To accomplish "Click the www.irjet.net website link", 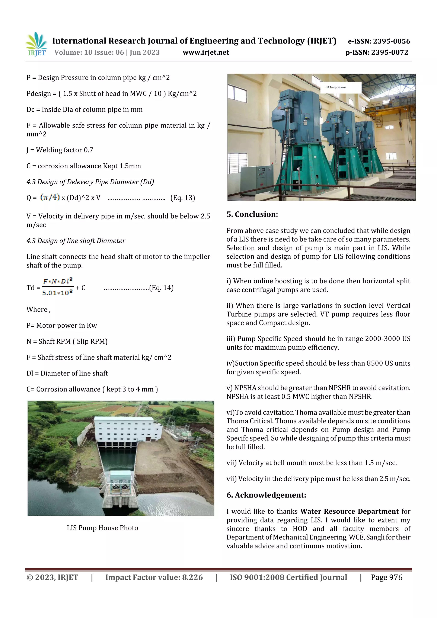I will (206, 52).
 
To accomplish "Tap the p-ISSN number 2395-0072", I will (389, 52).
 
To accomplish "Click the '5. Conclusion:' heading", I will (252, 214).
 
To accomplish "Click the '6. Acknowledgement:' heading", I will (266, 495).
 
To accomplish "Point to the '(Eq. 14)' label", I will (161, 288).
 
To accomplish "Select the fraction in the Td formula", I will (58, 287).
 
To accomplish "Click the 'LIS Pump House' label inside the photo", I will (335, 87).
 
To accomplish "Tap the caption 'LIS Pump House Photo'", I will (102, 528).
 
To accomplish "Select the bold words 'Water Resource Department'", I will (349, 511).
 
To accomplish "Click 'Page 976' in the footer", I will (386, 577).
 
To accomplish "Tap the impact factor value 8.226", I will (192, 577).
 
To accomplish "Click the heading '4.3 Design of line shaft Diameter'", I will (76, 241).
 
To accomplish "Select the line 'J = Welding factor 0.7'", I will (60, 150).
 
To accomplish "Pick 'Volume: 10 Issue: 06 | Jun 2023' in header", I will (107, 52).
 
